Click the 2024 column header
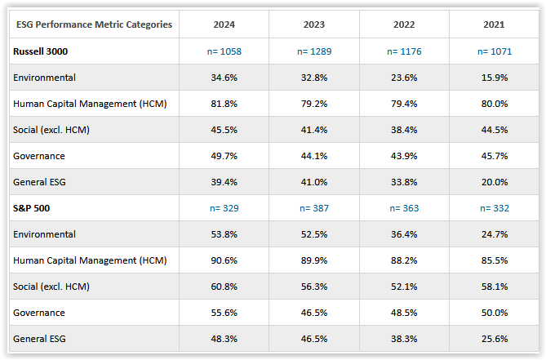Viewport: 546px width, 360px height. [224, 24]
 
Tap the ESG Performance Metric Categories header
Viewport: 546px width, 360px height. [94, 24]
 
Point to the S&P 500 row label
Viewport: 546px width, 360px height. [32, 208]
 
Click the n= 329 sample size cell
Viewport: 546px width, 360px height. [224, 208]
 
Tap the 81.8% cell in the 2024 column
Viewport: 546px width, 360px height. [224, 104]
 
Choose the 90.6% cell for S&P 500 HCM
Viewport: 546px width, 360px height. [224, 260]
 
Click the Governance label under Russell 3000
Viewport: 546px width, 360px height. [40, 156]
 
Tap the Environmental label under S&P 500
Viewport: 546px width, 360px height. [44, 234]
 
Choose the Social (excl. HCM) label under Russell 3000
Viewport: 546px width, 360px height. [51, 130]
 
